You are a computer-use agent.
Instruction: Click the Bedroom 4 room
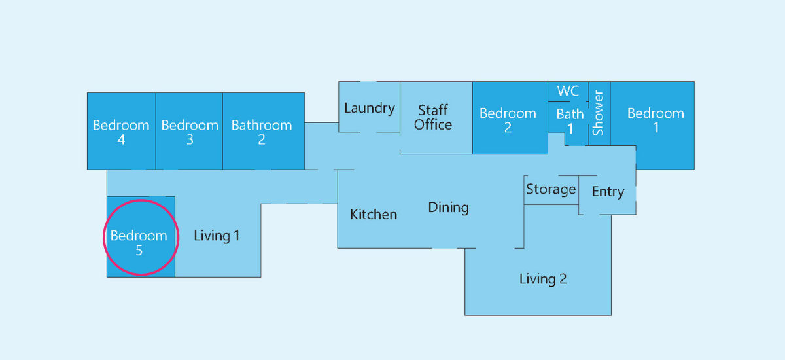[x=121, y=131]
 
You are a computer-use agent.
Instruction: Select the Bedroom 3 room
[x=189, y=131]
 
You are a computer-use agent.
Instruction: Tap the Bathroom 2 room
[x=264, y=131]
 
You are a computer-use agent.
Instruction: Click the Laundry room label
[x=370, y=108]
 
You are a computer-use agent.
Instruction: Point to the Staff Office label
[x=433, y=117]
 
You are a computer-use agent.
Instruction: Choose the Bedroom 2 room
[x=510, y=118]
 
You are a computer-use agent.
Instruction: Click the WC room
[x=568, y=92]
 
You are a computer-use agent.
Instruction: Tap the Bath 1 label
[x=570, y=121]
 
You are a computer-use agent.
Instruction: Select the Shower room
[x=600, y=114]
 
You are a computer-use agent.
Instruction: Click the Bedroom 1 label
[x=655, y=120]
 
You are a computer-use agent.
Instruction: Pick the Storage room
[x=551, y=190]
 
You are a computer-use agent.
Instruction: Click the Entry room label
[x=608, y=192]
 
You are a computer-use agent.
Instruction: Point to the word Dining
[x=448, y=207]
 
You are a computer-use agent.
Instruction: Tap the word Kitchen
[x=374, y=214]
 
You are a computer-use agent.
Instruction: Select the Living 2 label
[x=543, y=279]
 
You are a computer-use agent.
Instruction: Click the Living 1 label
[x=217, y=236]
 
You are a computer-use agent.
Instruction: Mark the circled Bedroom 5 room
[x=141, y=237]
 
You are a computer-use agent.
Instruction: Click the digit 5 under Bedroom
[x=139, y=250]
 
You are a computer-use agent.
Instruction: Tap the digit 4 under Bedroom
[x=121, y=139]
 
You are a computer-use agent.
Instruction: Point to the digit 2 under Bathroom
[x=262, y=139]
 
